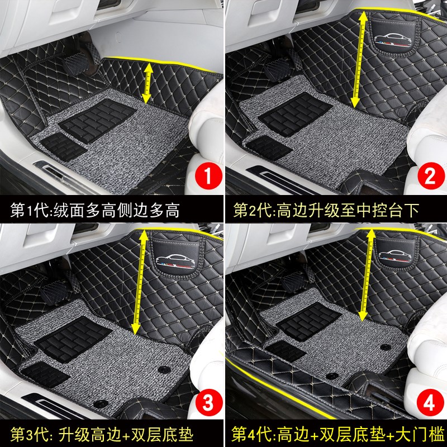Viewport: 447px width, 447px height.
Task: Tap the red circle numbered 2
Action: click(429, 179)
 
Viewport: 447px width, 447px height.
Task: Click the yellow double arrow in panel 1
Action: click(147, 83)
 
